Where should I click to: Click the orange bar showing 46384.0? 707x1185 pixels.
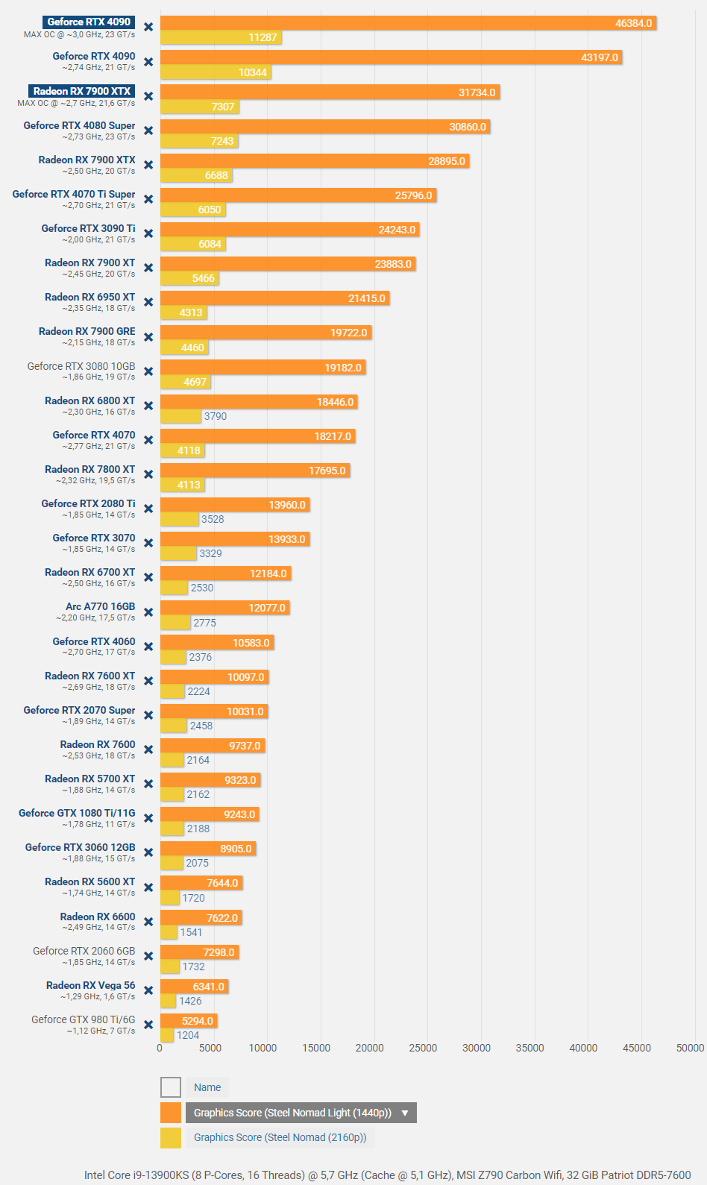tap(408, 23)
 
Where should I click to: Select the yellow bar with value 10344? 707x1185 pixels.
tap(216, 72)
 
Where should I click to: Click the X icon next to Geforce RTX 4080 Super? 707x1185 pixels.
tap(148, 131)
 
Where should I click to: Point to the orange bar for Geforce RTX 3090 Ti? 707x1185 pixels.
tap(289, 230)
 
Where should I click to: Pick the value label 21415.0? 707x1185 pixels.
tap(367, 298)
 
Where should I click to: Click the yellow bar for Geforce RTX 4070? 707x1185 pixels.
tap(183, 450)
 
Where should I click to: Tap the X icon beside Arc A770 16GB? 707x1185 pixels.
tap(148, 612)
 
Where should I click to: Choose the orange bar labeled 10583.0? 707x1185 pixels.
tap(217, 643)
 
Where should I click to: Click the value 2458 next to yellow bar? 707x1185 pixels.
tap(201, 726)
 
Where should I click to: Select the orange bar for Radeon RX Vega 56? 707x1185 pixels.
tap(194, 987)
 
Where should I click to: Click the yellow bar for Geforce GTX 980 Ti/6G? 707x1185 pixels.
tap(167, 1035)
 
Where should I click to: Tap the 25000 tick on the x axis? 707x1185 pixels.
tap(423, 1048)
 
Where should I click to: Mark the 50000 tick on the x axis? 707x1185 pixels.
tap(690, 1048)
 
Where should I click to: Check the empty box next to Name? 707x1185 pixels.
tap(171, 1087)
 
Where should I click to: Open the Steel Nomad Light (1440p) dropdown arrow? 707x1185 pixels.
tap(405, 1113)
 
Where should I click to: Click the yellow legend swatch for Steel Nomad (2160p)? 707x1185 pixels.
tap(171, 1137)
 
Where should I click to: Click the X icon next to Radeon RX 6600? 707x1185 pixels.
tap(148, 922)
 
